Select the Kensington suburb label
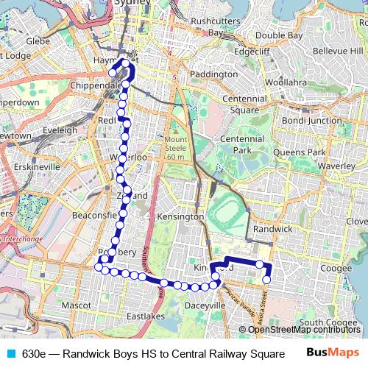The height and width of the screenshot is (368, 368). click(180, 217)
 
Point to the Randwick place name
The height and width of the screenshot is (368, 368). click(272, 230)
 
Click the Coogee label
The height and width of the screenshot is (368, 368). click(336, 269)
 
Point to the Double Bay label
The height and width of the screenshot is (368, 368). click(279, 35)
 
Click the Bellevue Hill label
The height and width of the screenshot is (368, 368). click(334, 50)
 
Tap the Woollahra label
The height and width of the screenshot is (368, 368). click(281, 83)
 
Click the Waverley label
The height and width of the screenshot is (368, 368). click(337, 166)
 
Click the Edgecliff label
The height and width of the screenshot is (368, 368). click(250, 53)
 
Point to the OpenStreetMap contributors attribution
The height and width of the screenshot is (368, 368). click(302, 329)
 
